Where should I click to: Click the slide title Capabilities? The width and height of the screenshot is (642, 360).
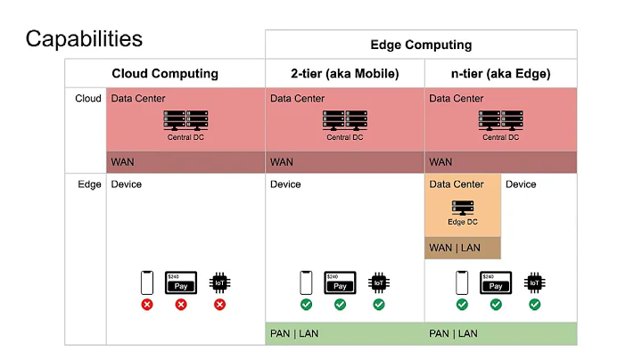tap(83, 38)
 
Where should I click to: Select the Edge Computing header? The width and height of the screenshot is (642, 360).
tap(421, 45)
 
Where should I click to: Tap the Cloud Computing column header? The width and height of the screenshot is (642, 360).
tap(165, 73)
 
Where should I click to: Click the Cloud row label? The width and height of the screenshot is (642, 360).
tap(87, 99)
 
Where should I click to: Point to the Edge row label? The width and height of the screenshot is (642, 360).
tap(88, 184)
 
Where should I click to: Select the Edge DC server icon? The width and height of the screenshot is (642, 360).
tap(463, 209)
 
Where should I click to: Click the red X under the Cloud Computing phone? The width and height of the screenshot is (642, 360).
tap(147, 304)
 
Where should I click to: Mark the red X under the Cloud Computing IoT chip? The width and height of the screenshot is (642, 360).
tap(219, 304)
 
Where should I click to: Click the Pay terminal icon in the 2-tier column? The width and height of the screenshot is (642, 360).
tap(340, 282)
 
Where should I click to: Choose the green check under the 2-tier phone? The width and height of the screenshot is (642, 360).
tap(306, 304)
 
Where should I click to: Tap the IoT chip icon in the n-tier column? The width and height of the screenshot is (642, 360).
tap(534, 282)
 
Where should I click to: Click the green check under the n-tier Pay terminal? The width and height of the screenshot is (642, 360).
tap(496, 304)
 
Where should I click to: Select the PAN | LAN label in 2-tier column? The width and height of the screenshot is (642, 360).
tap(294, 333)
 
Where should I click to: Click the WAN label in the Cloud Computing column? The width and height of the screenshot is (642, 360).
tap(122, 162)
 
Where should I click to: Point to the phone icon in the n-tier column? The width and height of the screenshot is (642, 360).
tap(462, 282)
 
